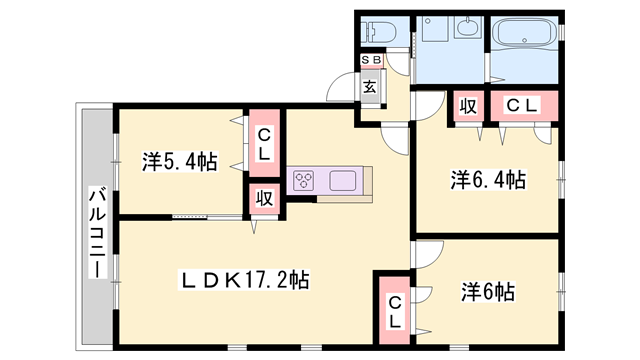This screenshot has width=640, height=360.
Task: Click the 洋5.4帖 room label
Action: (179, 160)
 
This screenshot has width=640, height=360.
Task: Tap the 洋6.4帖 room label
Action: (487, 180)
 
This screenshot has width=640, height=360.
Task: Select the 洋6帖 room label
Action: (488, 292)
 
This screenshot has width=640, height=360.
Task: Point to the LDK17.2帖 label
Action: (243, 281)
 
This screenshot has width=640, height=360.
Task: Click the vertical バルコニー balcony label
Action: (98, 232)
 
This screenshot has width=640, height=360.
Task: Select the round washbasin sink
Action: (467, 31)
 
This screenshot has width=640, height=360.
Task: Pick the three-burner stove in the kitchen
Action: (305, 181)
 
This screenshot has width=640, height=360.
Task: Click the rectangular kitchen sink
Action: (343, 181)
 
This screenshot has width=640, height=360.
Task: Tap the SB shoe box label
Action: (370, 60)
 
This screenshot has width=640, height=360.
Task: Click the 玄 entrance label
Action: (370, 86)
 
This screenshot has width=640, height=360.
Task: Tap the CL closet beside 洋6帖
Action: (395, 311)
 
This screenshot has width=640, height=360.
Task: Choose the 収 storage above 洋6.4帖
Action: (467, 105)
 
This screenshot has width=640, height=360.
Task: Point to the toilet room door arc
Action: (398, 62)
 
